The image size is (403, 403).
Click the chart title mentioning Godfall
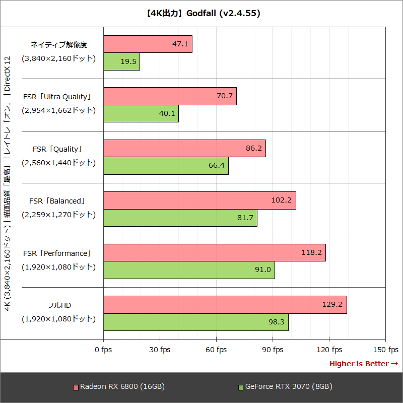tap(201, 14)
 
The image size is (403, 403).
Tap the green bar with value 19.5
tap(121, 61)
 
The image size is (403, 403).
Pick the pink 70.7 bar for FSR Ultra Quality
tap(170, 96)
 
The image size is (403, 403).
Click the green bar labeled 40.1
tap(141, 113)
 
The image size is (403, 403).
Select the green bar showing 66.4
tap(166, 166)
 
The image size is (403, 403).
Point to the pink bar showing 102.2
tap(199, 200)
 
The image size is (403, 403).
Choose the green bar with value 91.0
tap(189, 270)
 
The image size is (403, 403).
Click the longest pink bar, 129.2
tap(225, 305)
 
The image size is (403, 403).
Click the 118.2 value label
tap(311, 252)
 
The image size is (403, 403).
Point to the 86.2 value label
tap(253, 149)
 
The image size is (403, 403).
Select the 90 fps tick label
tap(273, 350)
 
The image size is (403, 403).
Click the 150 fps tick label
tap(386, 350)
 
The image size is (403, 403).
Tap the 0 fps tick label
tap(103, 350)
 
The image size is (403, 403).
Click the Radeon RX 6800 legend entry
tap(119, 387)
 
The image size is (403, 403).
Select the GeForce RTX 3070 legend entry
tap(285, 387)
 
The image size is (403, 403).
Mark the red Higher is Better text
tap(363, 364)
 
